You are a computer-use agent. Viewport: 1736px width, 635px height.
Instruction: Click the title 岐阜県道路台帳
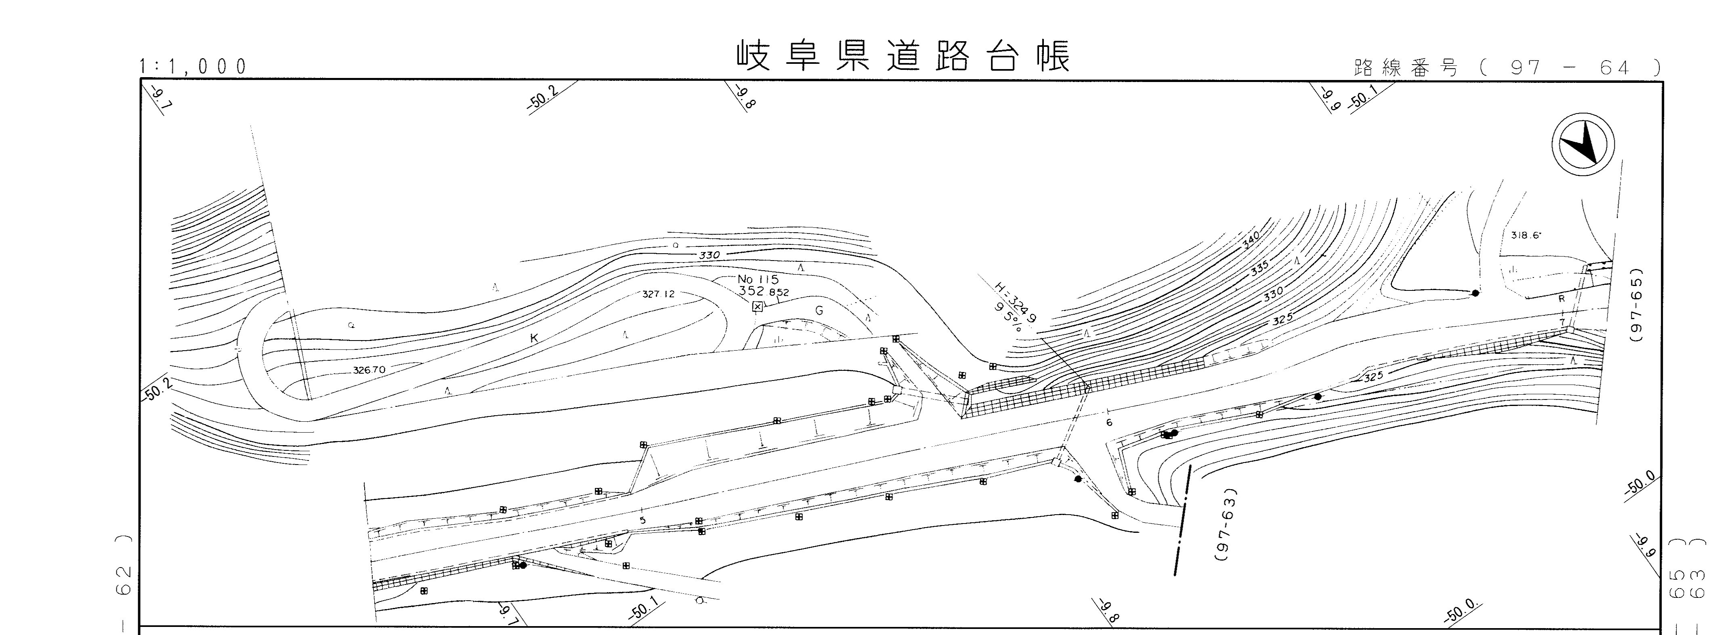point(903,57)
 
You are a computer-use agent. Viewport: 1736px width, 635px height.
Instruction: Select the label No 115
point(758,279)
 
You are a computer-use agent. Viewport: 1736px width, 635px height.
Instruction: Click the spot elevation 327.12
point(658,294)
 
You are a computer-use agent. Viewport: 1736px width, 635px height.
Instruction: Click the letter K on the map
point(534,339)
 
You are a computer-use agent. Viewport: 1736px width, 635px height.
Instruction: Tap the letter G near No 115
point(819,311)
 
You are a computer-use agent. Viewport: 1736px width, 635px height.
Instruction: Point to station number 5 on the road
point(642,520)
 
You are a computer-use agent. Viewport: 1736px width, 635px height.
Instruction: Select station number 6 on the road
point(1108,423)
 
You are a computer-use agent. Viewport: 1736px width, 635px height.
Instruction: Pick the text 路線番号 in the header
point(1406,68)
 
